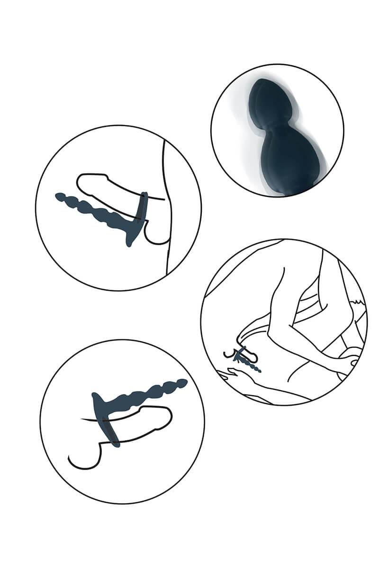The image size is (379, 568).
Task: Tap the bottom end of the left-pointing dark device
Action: click(129, 242)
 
